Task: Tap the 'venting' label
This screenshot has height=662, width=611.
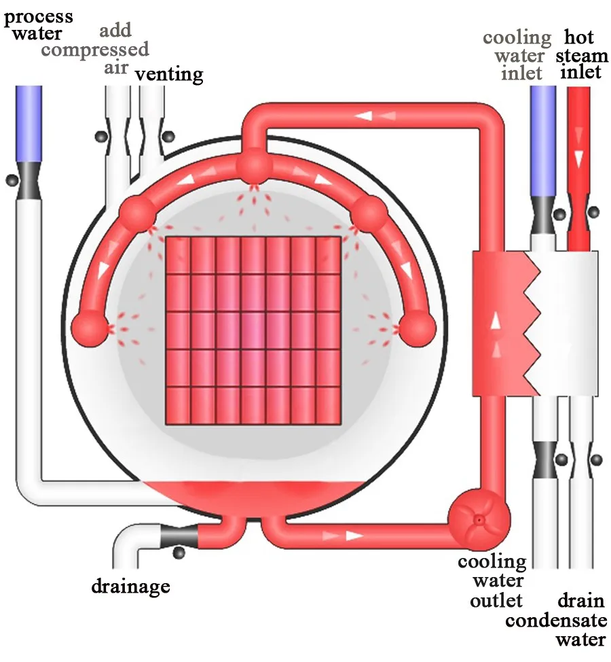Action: click(x=168, y=73)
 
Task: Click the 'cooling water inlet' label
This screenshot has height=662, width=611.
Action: click(x=517, y=54)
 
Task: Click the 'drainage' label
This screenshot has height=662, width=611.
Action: click(x=130, y=585)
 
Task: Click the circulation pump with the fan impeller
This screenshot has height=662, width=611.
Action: click(x=479, y=519)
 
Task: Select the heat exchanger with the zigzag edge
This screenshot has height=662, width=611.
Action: click(x=534, y=324)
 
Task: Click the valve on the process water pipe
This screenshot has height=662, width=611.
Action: click(x=29, y=181)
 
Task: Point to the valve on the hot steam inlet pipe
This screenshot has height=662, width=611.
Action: click(x=579, y=212)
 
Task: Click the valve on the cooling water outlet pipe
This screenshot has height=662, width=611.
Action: click(x=545, y=459)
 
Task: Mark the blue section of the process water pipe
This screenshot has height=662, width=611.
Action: click(x=29, y=122)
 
